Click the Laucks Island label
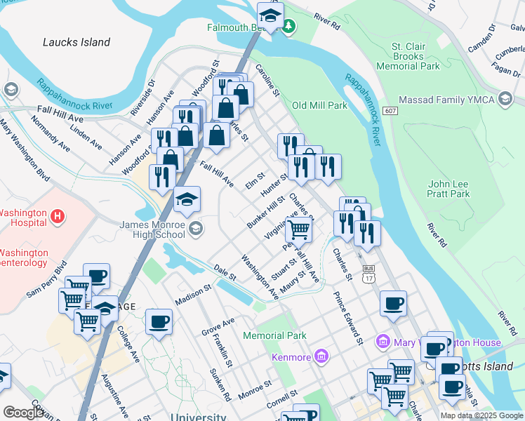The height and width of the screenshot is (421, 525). coord(77,42)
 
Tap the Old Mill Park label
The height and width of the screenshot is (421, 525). coord(319,105)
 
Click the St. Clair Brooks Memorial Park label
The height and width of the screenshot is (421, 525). coord(417,56)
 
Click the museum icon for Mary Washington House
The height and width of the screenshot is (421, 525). coord(383,342)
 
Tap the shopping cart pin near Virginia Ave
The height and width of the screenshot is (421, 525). coord(299,229)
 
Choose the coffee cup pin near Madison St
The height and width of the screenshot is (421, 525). coord(159,322)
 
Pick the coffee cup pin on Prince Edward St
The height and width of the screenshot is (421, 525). coord(393,303)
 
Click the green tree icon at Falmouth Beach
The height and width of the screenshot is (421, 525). coord(289,27)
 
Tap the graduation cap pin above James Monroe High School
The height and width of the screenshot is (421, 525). coord(187,199)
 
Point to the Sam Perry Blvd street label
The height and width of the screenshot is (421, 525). coord(46,279)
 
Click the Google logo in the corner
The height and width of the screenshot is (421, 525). coord(24,413)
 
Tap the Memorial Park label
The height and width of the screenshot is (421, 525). coord(274,335)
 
